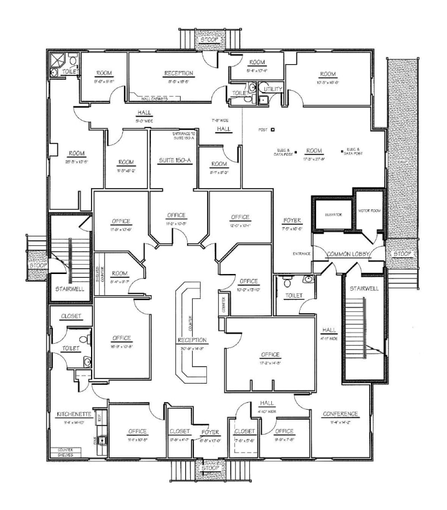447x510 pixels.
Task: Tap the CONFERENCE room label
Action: point(340,414)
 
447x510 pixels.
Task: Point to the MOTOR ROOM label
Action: point(369,211)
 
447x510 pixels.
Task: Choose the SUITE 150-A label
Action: point(175,161)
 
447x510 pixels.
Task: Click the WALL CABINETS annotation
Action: point(151,98)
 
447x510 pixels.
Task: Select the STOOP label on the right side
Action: point(401,254)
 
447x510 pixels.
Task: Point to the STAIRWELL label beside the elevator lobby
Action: point(363,289)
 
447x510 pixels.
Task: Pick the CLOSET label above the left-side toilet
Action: point(70,316)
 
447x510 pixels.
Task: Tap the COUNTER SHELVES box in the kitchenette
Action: point(65,452)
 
